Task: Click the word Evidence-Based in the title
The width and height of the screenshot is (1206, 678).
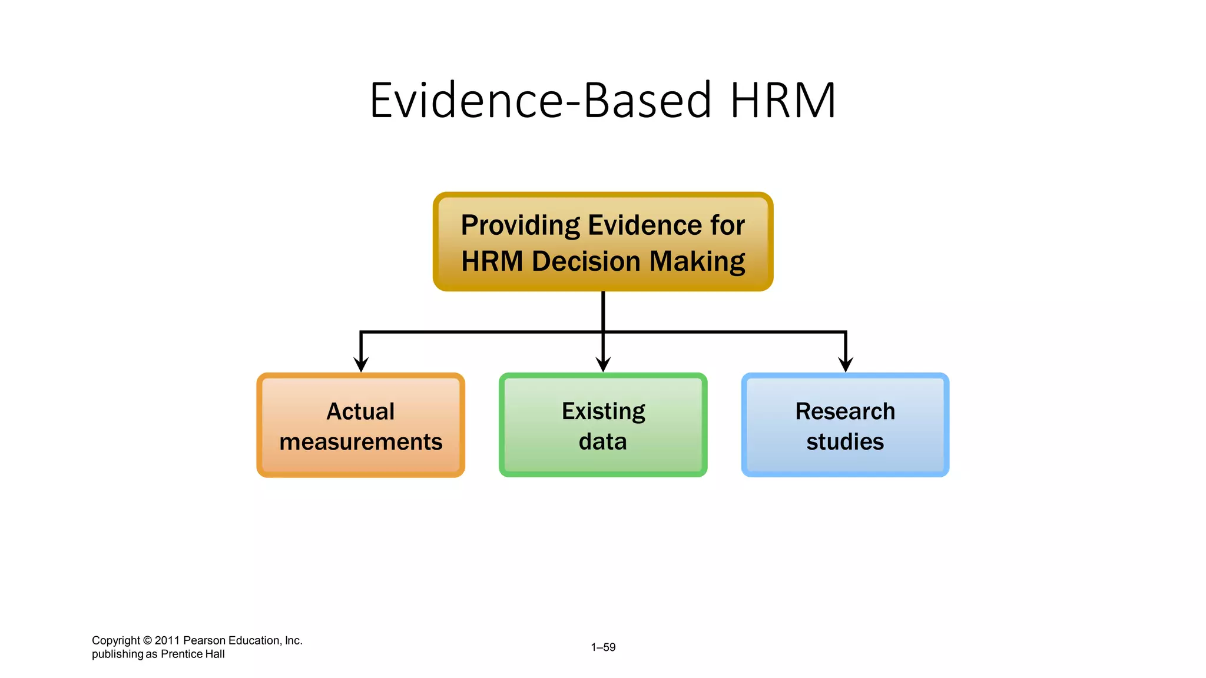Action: pyautogui.click(x=539, y=101)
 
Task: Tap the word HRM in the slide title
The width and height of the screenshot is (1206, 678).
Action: pyautogui.click(x=783, y=101)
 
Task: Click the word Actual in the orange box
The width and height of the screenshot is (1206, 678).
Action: pyautogui.click(x=360, y=411)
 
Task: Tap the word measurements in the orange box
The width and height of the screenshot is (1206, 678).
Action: pyautogui.click(x=360, y=442)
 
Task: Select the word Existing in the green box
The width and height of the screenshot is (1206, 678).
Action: pyautogui.click(x=603, y=411)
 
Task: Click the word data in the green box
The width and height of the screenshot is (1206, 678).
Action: pyautogui.click(x=603, y=441)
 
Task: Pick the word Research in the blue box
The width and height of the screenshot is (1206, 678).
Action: pyautogui.click(x=845, y=411)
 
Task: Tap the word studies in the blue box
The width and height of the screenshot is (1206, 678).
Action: pyautogui.click(x=845, y=441)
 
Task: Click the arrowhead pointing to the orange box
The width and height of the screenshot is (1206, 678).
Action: pyautogui.click(x=361, y=364)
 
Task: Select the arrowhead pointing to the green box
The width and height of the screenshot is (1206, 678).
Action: pyautogui.click(x=603, y=364)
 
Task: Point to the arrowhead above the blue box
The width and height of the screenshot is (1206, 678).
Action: pyautogui.click(x=846, y=364)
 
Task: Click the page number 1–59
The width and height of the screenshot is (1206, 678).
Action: pyautogui.click(x=603, y=647)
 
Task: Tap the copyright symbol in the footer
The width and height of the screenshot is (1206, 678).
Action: pyautogui.click(x=147, y=640)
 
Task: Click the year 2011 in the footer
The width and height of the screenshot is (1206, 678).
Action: pyautogui.click(x=167, y=640)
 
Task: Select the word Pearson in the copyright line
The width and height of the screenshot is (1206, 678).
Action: pyautogui.click(x=204, y=640)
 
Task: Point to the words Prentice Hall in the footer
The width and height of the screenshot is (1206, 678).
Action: pyautogui.click(x=193, y=654)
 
